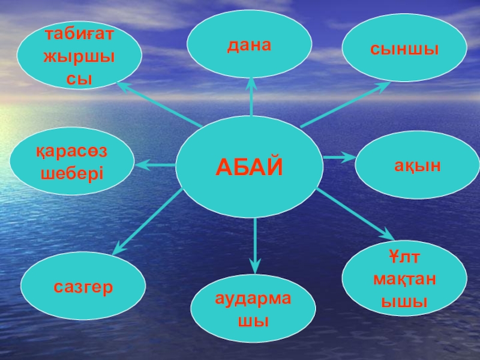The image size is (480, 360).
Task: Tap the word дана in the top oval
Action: coord(250,45)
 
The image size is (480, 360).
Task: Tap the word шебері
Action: coord(72,173)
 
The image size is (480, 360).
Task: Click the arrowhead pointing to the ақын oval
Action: coord(350,157)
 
